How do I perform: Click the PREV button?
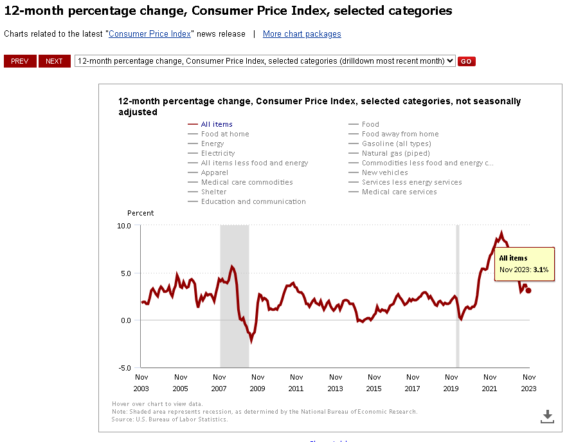coord(20,61)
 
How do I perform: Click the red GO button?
coord(466,61)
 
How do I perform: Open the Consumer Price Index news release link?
coord(150,34)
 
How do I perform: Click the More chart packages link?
coord(301,34)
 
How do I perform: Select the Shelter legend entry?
coord(213,192)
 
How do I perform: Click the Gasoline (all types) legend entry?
coord(396,143)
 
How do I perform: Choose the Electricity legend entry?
coord(217,153)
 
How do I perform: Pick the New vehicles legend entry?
coord(384,172)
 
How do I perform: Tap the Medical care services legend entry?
coord(399,192)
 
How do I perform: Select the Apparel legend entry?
coord(214,172)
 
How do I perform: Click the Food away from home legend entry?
coord(400,134)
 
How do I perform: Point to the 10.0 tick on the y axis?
coord(123,226)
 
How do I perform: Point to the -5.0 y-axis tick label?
coord(123,368)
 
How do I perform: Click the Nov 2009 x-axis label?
coord(258,383)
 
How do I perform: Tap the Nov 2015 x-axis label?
coord(373,383)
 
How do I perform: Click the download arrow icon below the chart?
coord(547,416)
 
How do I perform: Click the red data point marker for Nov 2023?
coord(528,290)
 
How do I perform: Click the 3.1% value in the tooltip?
coord(541,270)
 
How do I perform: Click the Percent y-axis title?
coord(140,213)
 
